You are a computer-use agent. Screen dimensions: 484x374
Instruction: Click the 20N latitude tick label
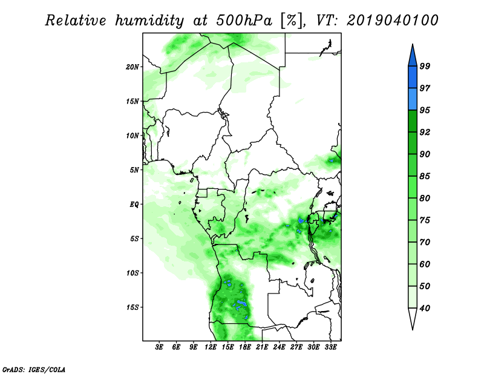[x=132, y=67]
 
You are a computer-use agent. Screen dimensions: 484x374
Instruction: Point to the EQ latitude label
[x=134, y=205]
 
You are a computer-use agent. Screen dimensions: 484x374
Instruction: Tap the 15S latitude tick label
[x=132, y=307]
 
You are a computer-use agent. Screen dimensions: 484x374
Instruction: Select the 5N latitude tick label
[x=134, y=170]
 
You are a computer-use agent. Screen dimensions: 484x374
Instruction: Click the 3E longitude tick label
[x=159, y=347]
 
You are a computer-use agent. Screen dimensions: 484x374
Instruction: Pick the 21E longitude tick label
[x=262, y=347]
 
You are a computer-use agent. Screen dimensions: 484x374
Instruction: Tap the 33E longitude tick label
[x=330, y=347]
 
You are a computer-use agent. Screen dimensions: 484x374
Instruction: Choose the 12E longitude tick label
[x=211, y=347]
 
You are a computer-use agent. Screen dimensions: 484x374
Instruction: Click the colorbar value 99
[x=425, y=66]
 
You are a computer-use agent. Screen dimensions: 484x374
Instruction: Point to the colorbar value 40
[x=425, y=308]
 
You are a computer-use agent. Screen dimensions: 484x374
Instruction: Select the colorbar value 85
[x=425, y=176]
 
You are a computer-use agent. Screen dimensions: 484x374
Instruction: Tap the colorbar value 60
[x=425, y=264]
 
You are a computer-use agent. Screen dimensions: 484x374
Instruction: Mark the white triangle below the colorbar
[x=413, y=318]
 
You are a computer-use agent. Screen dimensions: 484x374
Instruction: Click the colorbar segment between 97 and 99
[x=413, y=77]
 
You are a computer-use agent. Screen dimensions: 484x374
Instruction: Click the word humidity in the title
[x=149, y=21]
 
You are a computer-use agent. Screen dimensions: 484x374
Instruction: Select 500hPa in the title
[x=244, y=21]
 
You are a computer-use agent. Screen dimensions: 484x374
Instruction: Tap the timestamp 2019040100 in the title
[x=392, y=21]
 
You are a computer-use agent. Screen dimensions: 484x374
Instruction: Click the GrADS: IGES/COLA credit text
[x=34, y=369]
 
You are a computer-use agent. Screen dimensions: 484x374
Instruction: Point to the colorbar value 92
[x=425, y=132]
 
